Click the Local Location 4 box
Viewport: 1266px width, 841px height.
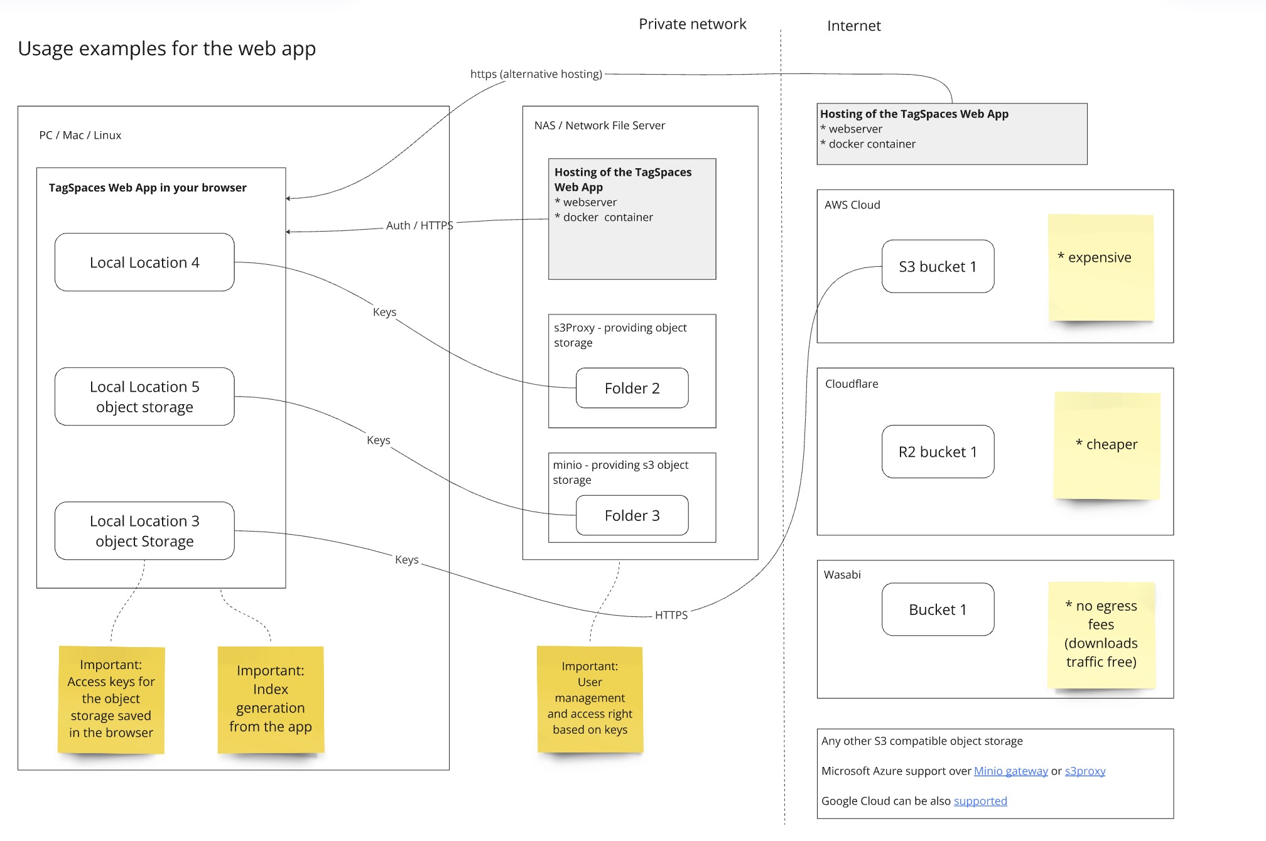point(144,262)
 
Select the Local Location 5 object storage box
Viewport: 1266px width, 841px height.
point(144,397)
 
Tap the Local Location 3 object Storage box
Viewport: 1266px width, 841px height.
point(144,531)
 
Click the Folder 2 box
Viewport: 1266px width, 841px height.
point(632,388)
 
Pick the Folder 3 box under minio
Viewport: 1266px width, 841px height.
point(632,516)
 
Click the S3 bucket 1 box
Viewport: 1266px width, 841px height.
point(938,267)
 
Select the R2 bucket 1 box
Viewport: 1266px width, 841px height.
point(938,452)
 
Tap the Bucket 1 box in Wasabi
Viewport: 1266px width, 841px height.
point(938,609)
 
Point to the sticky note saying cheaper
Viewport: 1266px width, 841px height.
point(1107,446)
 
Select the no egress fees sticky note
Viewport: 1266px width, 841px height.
point(1101,635)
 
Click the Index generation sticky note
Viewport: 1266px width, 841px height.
point(271,699)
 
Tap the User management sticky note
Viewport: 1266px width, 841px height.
point(590,699)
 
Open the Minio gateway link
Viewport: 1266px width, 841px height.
point(1010,771)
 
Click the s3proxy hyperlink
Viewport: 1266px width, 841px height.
point(1085,771)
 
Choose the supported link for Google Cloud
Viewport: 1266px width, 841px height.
point(980,801)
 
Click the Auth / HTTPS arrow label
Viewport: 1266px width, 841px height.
point(419,225)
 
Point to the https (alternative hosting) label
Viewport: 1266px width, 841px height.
point(536,74)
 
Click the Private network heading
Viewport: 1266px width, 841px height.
point(692,24)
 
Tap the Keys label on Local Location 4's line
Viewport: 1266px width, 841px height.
point(384,312)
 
